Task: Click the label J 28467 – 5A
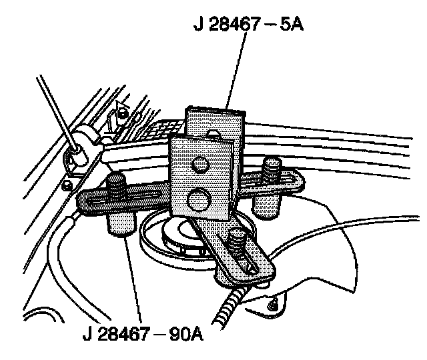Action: tap(247, 27)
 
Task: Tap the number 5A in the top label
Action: tap(294, 27)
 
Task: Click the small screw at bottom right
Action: tap(272, 305)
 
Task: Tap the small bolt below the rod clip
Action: tap(67, 185)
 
